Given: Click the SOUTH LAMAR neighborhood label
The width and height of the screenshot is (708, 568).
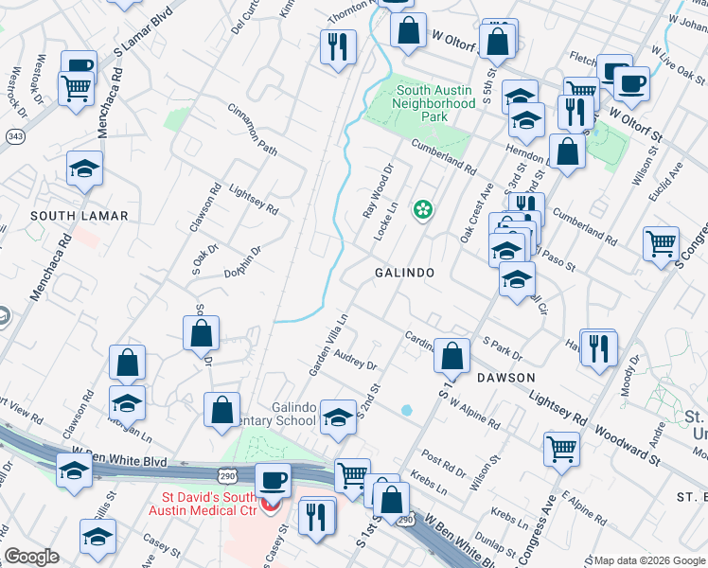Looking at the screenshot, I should [x=79, y=216].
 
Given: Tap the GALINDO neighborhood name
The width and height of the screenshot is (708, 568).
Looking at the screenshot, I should [x=404, y=273].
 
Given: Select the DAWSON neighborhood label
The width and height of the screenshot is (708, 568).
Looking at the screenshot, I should [x=506, y=376].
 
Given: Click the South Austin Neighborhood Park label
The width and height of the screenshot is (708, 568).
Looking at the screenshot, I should [x=434, y=103].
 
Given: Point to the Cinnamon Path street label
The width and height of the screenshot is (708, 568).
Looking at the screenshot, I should [x=252, y=131].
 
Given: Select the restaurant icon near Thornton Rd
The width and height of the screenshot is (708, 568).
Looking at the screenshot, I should [x=337, y=45].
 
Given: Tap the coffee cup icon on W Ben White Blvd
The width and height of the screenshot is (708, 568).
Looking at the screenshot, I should [x=274, y=479].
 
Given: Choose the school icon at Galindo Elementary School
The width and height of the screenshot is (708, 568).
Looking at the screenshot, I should [x=337, y=417].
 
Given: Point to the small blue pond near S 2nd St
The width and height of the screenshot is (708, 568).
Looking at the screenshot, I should [x=406, y=410].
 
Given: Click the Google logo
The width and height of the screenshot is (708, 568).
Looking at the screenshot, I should [x=31, y=557].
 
